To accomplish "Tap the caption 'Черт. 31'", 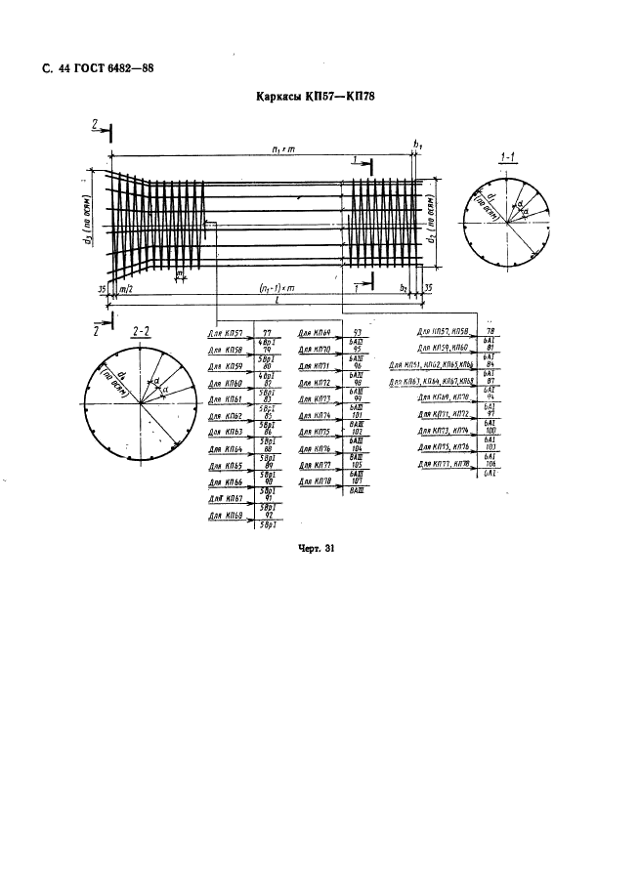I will pyautogui.click(x=317, y=549).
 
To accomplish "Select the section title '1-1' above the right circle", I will pyautogui.click(x=507, y=157).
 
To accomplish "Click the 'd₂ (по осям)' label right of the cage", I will pyautogui.click(x=432, y=223).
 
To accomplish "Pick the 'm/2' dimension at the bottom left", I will pyautogui.click(x=125, y=290).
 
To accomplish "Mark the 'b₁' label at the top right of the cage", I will pyautogui.click(x=418, y=146).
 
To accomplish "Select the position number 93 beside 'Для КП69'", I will pyautogui.click(x=357, y=333).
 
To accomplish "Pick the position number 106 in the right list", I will pyautogui.click(x=490, y=464).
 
